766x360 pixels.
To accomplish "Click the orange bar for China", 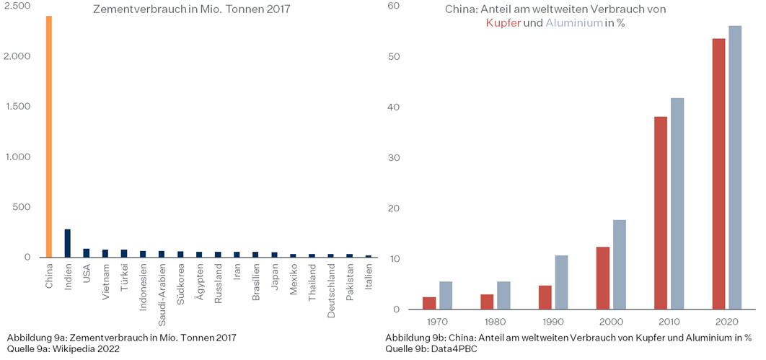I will (x=48, y=137).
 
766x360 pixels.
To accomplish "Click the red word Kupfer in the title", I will (x=503, y=23).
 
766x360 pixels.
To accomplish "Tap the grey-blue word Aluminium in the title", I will (x=574, y=23).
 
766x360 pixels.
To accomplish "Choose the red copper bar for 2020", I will (x=718, y=174).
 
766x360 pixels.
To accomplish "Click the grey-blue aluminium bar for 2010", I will (x=677, y=203).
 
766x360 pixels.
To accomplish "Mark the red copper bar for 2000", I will (x=602, y=278).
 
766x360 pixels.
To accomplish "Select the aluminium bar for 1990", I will (x=561, y=282).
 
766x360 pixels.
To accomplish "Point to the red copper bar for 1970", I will (x=429, y=303).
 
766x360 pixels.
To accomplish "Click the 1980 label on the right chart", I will (x=496, y=322).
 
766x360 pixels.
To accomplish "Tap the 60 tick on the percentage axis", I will (x=393, y=6).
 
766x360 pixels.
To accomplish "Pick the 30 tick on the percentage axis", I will (x=393, y=158).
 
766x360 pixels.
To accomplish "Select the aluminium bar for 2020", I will (x=734, y=167).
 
